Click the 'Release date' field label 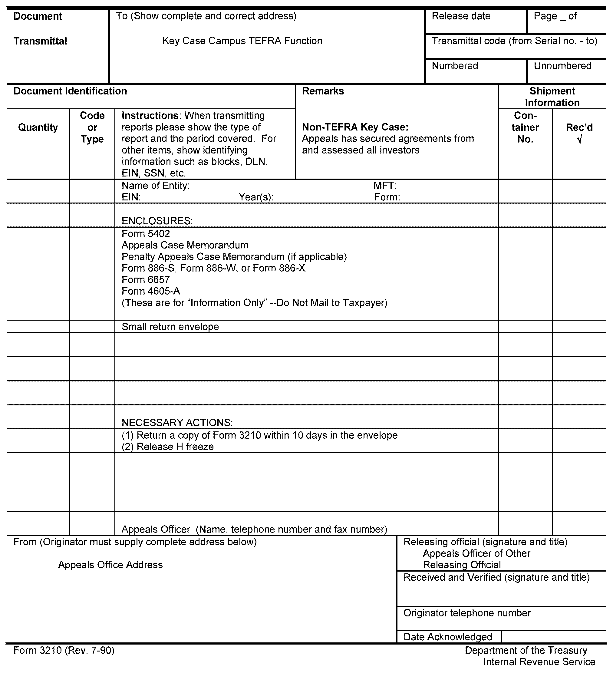click(x=461, y=16)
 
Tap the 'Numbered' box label click(x=455, y=66)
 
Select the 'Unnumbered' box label click(x=562, y=66)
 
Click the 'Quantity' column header click(x=38, y=127)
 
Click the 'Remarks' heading click(x=323, y=91)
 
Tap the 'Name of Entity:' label click(x=156, y=186)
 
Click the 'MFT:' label click(x=385, y=186)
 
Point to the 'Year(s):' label click(x=256, y=197)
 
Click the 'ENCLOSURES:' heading click(x=157, y=221)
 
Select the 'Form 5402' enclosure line click(x=146, y=234)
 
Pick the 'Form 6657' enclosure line click(x=146, y=279)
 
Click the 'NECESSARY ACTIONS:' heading click(x=177, y=423)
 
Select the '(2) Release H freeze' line click(x=168, y=447)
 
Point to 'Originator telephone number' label click(x=467, y=613)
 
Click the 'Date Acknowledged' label click(x=447, y=637)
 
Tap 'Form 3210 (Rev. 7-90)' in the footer click(x=64, y=650)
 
